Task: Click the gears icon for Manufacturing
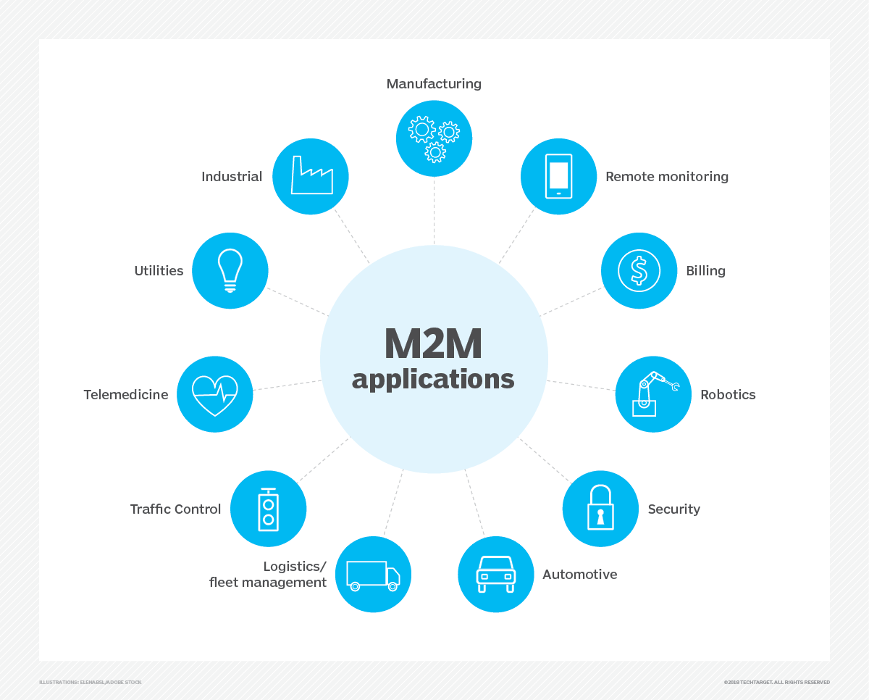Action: click(x=434, y=138)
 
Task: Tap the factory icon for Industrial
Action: click(x=311, y=176)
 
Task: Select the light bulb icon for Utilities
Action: click(x=230, y=270)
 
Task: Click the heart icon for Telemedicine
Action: click(x=215, y=394)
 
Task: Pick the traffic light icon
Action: click(x=268, y=508)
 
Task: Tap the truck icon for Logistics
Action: click(x=373, y=575)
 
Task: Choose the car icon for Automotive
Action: click(x=495, y=574)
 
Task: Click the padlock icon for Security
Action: click(x=600, y=508)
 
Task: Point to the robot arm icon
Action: click(x=653, y=394)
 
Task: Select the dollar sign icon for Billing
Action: click(x=639, y=270)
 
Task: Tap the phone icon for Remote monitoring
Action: click(x=558, y=176)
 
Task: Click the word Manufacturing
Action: click(x=434, y=84)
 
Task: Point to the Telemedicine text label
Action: click(x=126, y=395)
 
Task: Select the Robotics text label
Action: click(x=728, y=395)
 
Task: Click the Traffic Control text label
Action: click(x=175, y=509)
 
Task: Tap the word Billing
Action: click(x=705, y=271)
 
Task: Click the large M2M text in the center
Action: click(x=433, y=344)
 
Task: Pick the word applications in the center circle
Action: click(x=433, y=379)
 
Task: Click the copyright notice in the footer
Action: click(x=776, y=682)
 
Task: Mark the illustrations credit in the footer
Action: click(x=91, y=682)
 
